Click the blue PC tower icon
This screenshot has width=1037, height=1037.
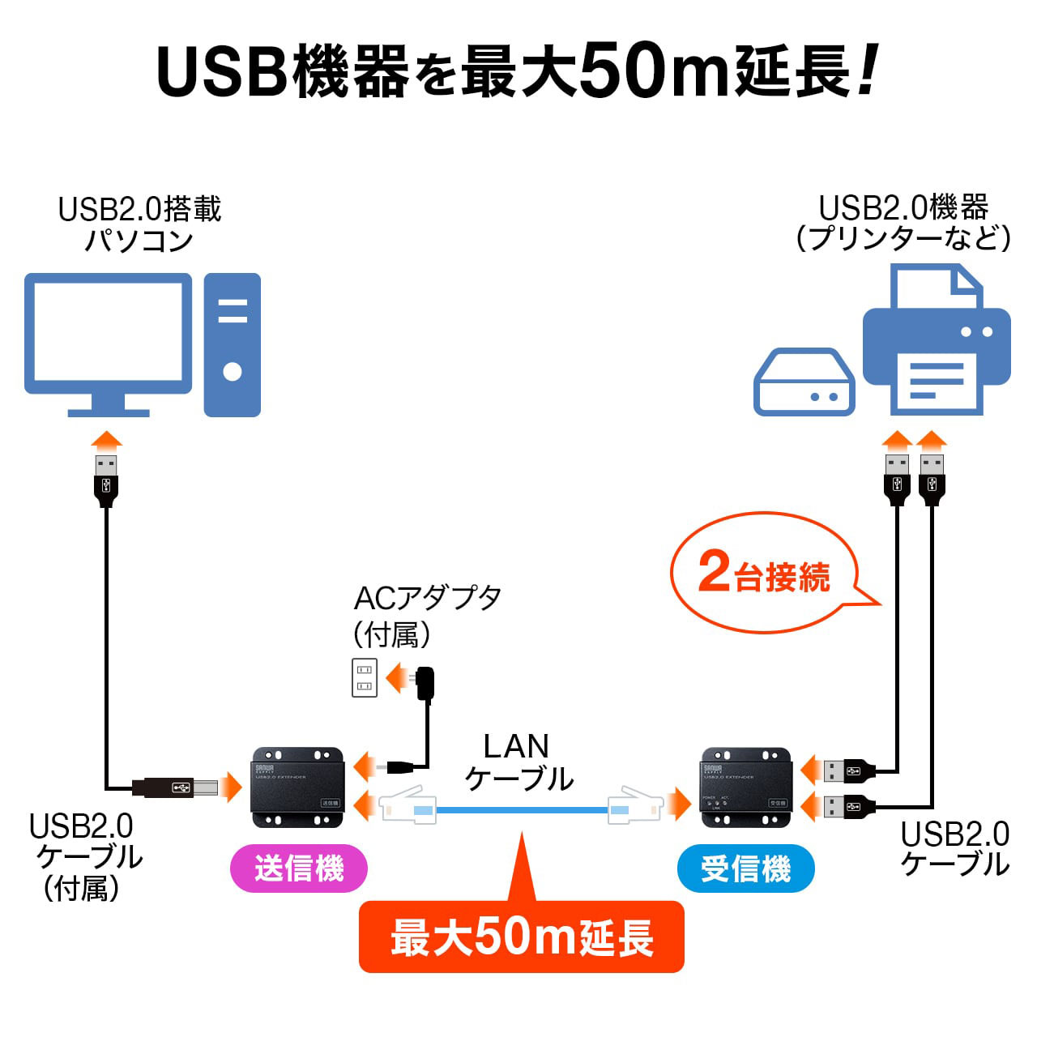233,344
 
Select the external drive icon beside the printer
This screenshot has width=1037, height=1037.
804,383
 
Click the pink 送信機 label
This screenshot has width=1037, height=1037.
299,868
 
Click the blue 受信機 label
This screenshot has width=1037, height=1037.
745,868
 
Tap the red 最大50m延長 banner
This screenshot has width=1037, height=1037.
522,937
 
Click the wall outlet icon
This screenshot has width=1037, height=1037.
365,677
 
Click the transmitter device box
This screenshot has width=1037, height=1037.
298,787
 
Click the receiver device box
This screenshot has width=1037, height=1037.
746,787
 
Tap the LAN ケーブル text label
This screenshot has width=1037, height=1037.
518,762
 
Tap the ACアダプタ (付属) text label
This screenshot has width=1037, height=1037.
427,616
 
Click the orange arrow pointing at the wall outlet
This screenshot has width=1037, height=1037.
396,677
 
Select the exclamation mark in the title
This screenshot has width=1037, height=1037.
866,71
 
